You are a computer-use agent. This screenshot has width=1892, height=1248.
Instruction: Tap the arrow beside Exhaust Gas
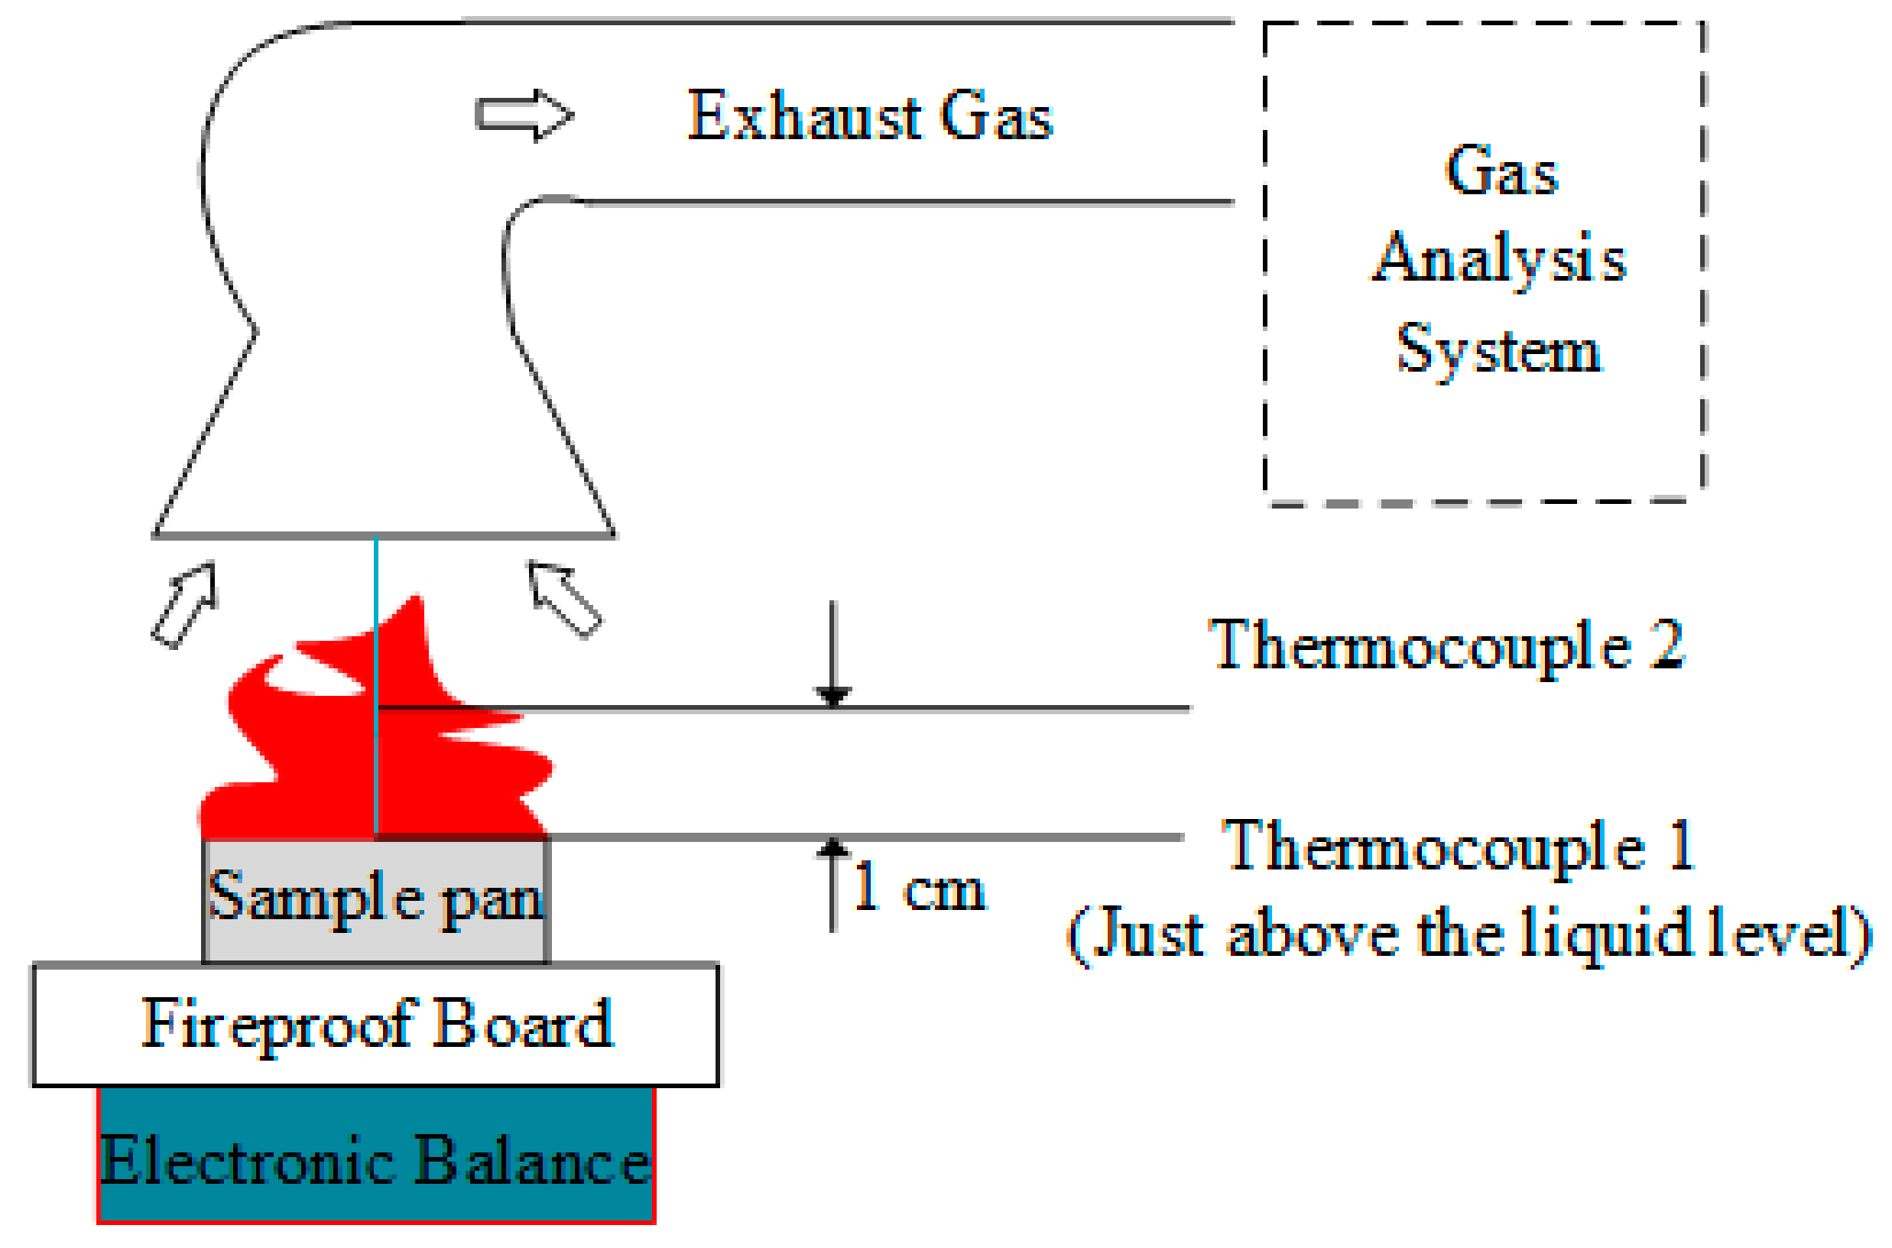pos(524,115)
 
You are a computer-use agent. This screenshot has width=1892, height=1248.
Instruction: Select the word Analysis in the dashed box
pos(1500,258)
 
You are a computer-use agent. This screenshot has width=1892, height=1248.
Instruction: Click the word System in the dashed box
pos(1499,350)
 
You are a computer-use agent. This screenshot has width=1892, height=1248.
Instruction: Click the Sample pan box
pos(375,900)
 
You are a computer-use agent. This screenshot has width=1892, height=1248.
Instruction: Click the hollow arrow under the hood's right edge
pos(564,597)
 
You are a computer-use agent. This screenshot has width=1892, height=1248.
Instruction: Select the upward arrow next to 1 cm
pos(832,883)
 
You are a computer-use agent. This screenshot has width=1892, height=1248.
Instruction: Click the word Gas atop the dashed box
pos(1501,171)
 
